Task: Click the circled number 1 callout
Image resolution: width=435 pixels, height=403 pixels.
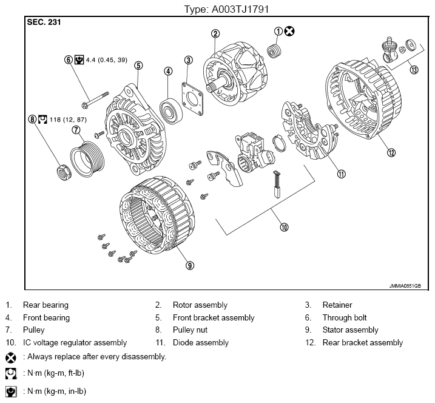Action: point(278,32)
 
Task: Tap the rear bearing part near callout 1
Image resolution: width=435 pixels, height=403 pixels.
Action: point(274,51)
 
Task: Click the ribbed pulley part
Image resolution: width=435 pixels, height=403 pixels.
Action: point(87,159)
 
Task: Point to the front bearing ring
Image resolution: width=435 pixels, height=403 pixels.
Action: point(171,111)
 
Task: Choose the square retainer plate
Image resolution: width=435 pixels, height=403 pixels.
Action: point(192,99)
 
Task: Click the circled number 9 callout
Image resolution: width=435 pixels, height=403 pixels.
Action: point(190,266)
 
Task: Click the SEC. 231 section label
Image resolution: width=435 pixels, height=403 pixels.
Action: point(44,22)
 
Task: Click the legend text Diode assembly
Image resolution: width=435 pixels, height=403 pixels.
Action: point(201,342)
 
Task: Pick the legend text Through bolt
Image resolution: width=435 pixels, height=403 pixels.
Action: point(345,317)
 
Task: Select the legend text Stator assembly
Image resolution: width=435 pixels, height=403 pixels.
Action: point(351,330)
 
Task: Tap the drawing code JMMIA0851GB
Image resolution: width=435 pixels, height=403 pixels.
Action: point(405,286)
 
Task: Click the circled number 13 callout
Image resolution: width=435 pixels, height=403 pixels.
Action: point(414,69)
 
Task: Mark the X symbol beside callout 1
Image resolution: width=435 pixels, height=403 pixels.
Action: point(289,31)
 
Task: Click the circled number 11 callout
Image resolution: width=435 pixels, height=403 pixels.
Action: point(341,174)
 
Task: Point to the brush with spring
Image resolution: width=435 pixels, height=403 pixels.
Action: point(277,184)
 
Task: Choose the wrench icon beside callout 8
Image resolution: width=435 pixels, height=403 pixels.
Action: point(42,120)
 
